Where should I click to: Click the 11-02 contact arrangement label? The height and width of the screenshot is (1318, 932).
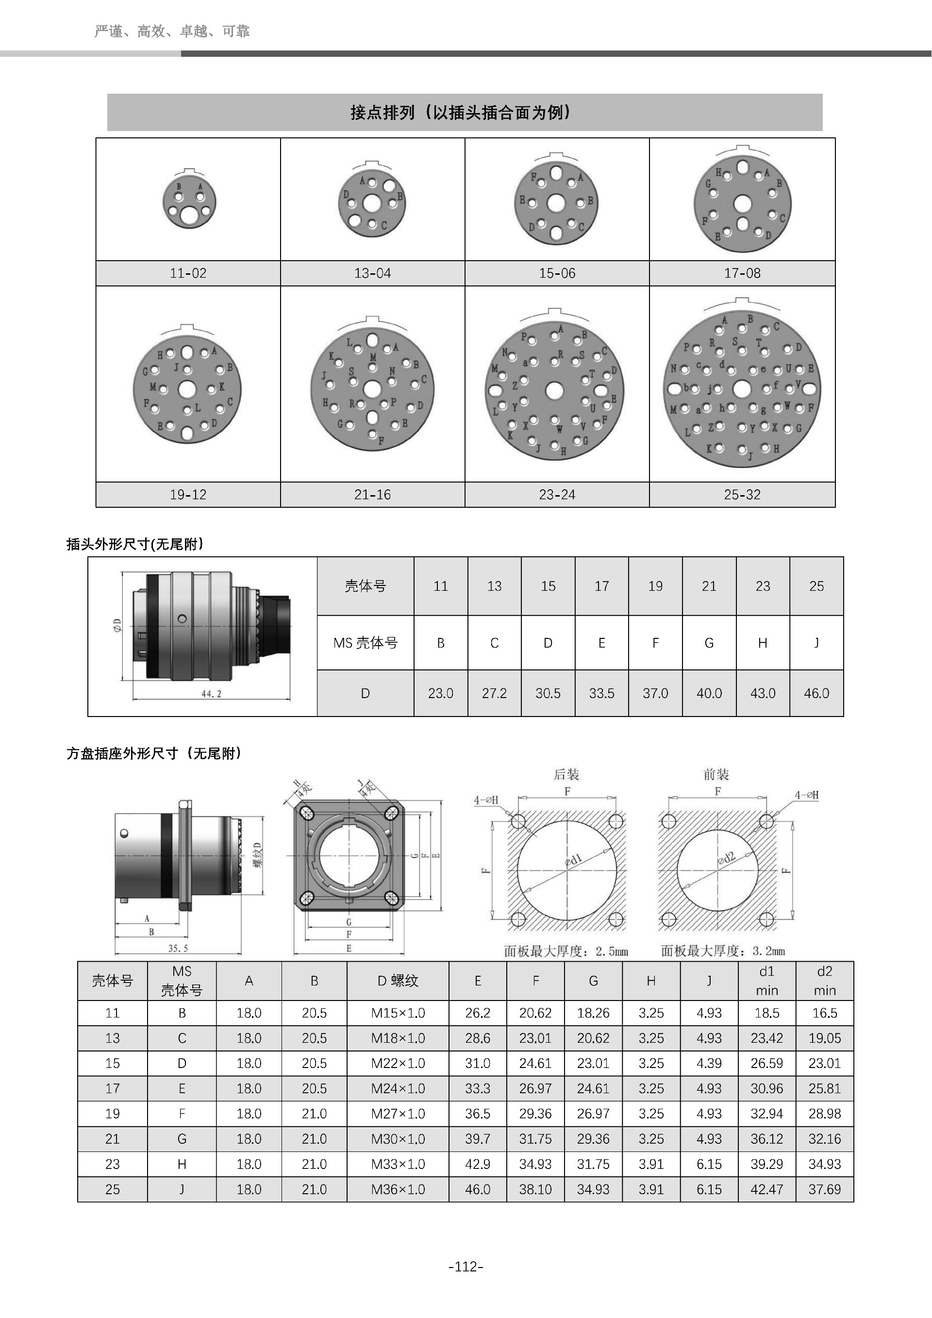[x=188, y=273]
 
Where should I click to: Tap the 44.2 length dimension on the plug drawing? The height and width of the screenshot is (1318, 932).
[x=211, y=693]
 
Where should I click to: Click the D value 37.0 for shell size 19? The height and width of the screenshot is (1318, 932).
[x=655, y=693]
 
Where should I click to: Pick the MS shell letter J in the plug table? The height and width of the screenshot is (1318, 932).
[x=816, y=643]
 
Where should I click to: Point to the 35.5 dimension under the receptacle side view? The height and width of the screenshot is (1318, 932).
[x=178, y=948]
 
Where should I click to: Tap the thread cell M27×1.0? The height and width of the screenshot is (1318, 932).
[x=398, y=1114]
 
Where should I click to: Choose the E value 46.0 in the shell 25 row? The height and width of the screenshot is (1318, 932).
[x=478, y=1189]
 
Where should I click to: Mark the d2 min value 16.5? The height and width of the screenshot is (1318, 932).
[x=824, y=1013]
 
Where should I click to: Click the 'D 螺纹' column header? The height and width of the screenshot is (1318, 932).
[x=398, y=981]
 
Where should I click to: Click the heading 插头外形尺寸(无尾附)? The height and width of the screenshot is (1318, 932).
[x=135, y=544]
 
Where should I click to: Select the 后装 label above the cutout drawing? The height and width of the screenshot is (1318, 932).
[x=566, y=774]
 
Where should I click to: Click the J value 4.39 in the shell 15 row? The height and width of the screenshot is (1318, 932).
[x=709, y=1063]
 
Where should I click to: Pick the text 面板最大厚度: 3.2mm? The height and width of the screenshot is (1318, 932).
[x=722, y=951]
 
